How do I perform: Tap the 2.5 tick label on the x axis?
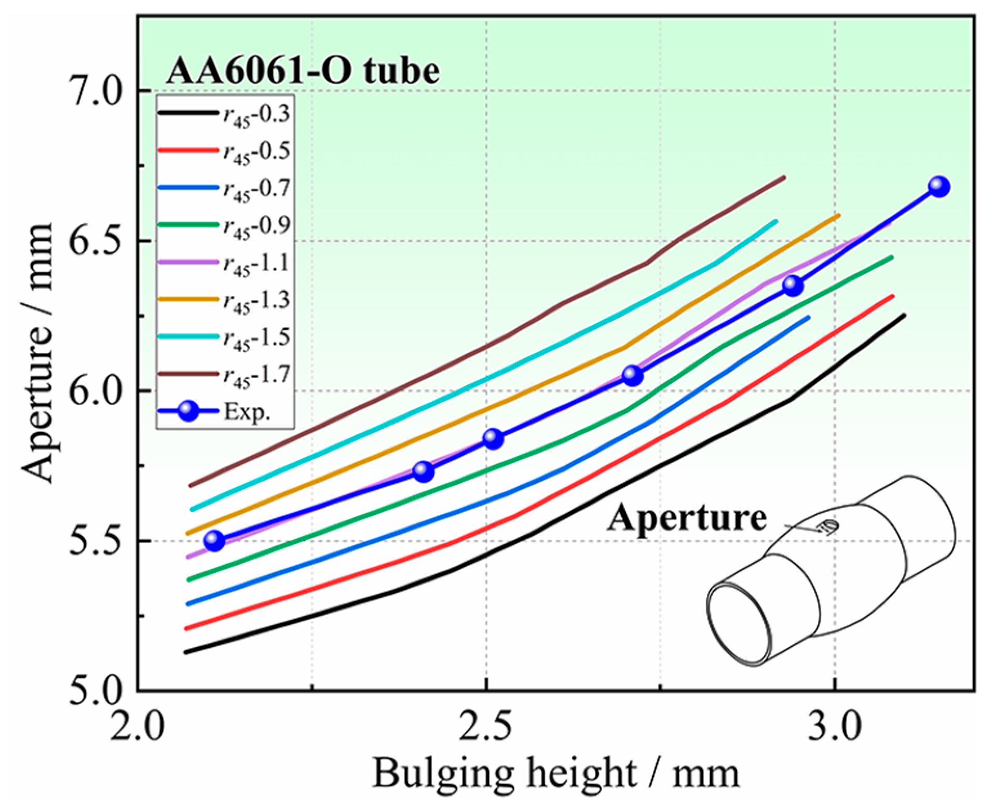click(486, 729)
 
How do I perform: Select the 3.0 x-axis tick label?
click(834, 729)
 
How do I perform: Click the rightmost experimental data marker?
click(938, 186)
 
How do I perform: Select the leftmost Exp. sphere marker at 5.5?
click(214, 540)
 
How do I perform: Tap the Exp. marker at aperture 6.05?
click(632, 375)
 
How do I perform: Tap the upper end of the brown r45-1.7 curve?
click(784, 178)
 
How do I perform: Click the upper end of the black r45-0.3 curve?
click(904, 315)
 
